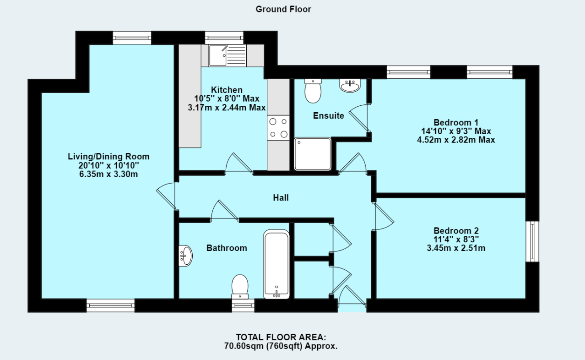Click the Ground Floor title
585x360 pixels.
pos(283,9)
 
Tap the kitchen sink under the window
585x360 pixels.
pos(227,55)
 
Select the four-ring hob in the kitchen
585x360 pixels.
pos(279,128)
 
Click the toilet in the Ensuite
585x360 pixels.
pos(313,90)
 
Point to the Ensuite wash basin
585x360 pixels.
pos(351,85)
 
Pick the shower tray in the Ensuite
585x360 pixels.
pos(313,153)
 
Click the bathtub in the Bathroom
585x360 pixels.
pos(276,264)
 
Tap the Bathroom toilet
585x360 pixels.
pos(240,285)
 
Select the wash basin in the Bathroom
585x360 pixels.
pos(185,256)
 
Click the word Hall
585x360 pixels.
pos(281,198)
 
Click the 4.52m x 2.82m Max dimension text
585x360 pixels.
pos(456,140)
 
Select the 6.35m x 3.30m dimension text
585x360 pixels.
pos(108,174)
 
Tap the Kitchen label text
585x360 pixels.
pos(227,90)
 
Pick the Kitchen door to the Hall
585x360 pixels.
pos(238,164)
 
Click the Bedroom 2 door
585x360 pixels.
pos(383,217)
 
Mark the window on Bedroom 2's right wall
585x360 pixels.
pos(532,241)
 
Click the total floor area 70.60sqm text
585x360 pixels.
pos(281,346)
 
